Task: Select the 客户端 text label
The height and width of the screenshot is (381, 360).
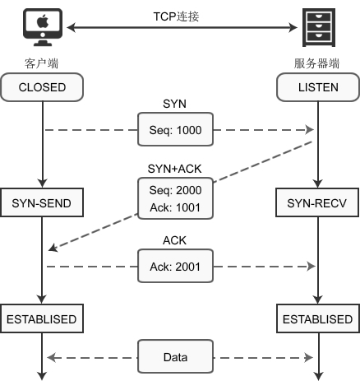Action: coord(41,63)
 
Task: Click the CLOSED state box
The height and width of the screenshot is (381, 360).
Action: coord(41,86)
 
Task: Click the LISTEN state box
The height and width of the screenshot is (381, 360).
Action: coord(316,86)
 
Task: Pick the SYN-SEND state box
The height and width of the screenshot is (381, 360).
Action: coord(41,202)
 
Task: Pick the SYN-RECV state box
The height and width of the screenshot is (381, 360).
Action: coord(316,202)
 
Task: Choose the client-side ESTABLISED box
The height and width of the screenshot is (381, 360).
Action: coord(41,318)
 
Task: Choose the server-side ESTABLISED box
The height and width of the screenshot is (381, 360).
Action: coord(316,318)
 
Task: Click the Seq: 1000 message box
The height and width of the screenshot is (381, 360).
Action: coord(176,129)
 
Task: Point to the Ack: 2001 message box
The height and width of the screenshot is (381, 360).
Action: coord(176,266)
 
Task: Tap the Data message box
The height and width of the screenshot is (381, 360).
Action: coord(175,357)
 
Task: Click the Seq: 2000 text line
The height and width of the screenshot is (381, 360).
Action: coord(176,190)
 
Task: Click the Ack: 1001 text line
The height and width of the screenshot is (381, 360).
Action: coord(176,208)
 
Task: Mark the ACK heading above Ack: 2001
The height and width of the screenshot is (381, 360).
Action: coord(176,240)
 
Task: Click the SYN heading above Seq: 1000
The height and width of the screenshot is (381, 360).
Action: coord(176,103)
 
